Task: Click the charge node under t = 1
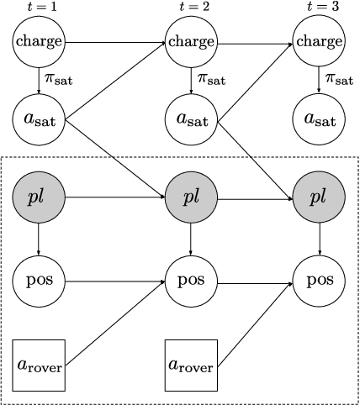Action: coord(40,41)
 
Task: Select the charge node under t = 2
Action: coord(192,41)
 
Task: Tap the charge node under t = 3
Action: coord(319,41)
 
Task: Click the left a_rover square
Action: coord(40,366)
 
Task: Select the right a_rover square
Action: coord(192,366)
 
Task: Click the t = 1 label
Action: coord(40,7)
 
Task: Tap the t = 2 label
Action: coord(192,7)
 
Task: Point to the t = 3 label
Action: coord(319,7)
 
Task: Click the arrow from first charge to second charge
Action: coord(115,41)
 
